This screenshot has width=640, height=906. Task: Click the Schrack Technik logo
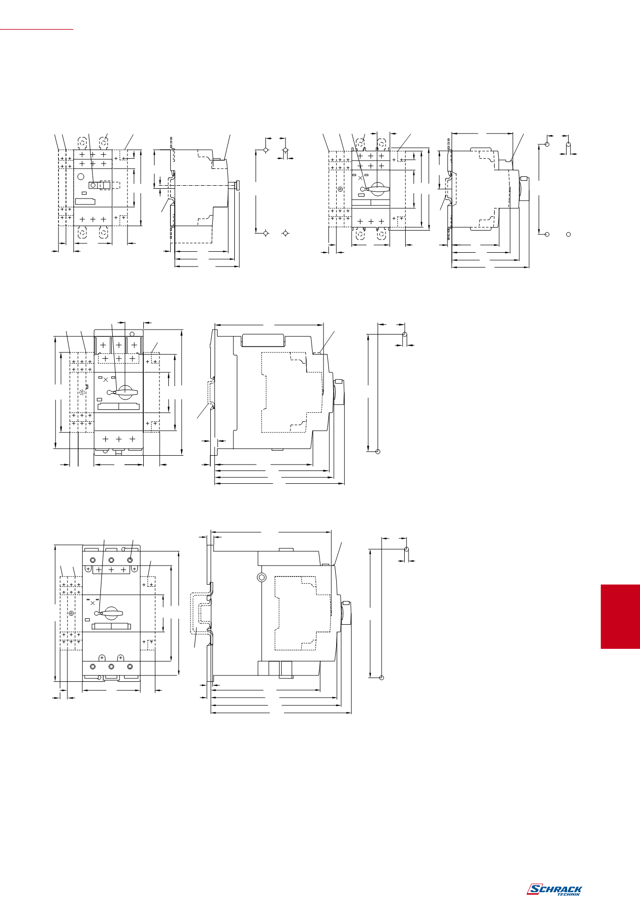tap(554, 889)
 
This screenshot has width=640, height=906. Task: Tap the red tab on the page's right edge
tap(620, 616)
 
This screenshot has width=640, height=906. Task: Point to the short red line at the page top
tap(36, 30)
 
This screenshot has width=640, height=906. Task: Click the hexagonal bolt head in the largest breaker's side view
tap(262, 577)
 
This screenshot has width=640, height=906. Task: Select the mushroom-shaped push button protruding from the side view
tap(238, 185)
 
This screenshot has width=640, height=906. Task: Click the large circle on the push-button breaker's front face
tap(81, 176)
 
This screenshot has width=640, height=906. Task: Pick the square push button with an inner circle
tap(93, 185)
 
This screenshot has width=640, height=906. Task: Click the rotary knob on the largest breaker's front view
tap(110, 613)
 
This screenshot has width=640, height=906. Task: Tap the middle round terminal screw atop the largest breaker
tap(111, 560)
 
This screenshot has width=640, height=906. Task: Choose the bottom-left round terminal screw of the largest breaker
tap(93, 667)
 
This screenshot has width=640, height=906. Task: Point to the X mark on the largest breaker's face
tap(93, 603)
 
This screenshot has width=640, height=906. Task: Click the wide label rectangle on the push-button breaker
tap(85, 201)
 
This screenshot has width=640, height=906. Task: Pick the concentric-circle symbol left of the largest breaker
tap(71, 613)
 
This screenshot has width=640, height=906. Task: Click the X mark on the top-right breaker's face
tap(361, 177)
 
